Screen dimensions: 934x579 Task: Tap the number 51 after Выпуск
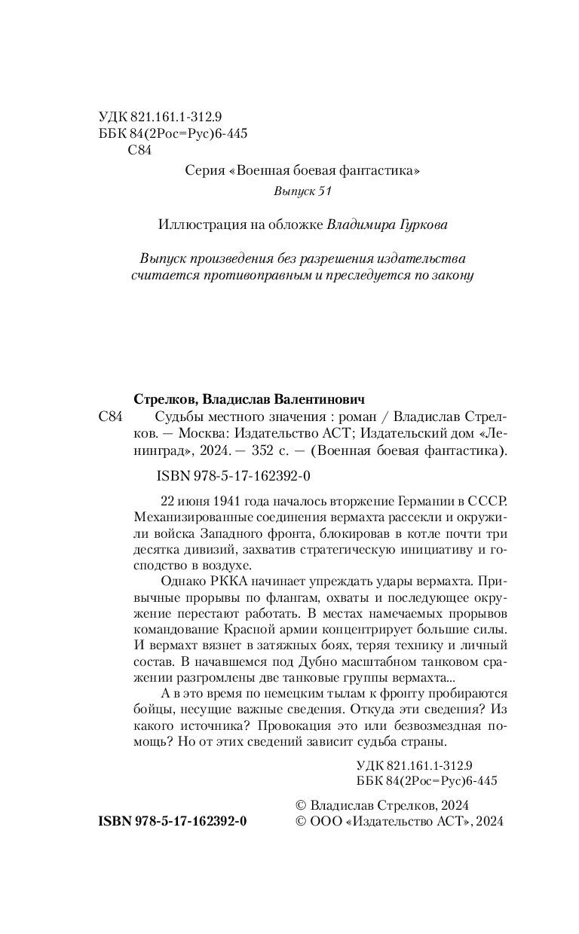[x=323, y=192]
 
